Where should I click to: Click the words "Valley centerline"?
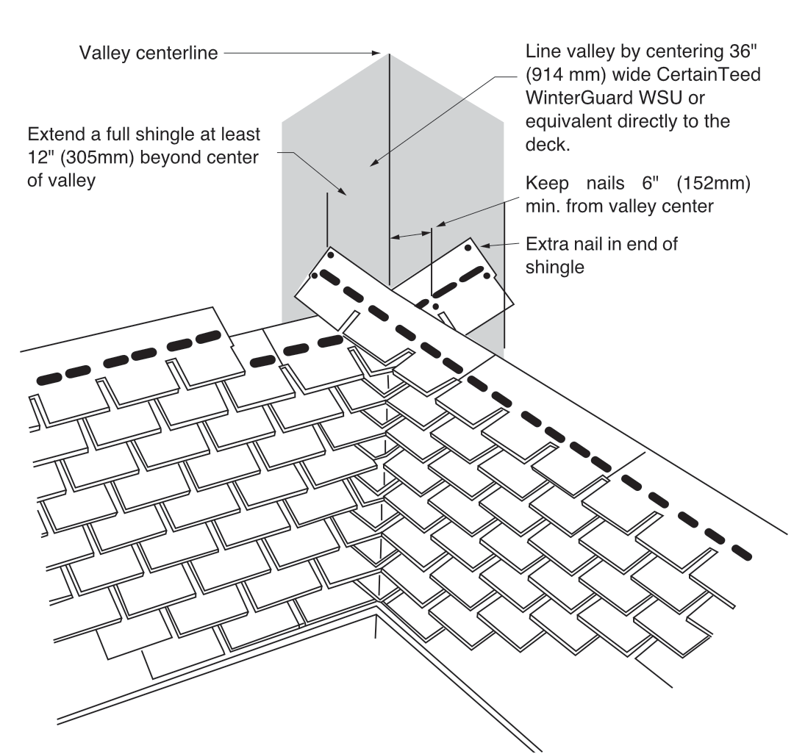(x=149, y=54)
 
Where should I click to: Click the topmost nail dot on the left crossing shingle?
(x=331, y=255)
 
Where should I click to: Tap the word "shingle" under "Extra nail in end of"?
(x=554, y=267)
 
